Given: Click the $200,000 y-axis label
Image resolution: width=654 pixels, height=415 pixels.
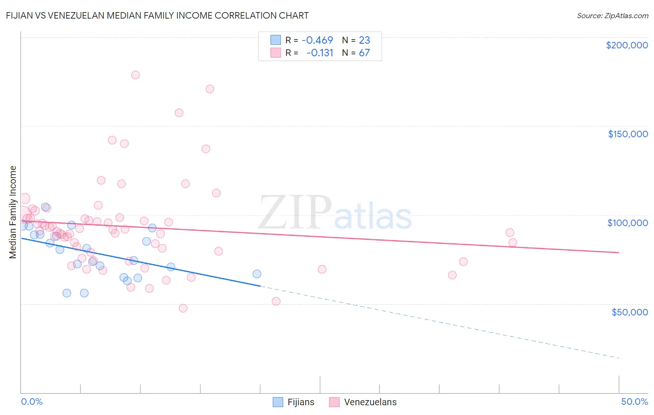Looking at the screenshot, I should pos(627,45).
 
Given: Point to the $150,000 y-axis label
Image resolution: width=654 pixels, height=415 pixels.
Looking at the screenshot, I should pos(627,134).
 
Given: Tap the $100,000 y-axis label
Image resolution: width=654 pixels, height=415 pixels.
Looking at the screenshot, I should pos(627,223).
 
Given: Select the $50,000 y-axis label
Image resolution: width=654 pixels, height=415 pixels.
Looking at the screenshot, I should pos(629,312).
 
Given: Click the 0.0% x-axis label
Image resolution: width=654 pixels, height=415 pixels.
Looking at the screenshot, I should pos(32,402).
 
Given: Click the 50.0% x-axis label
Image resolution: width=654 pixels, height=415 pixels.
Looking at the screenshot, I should pos(634,402).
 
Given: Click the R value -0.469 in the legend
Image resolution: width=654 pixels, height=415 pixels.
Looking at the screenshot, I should pos(317,40).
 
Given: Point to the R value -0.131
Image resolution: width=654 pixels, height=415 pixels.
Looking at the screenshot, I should pos(320,53).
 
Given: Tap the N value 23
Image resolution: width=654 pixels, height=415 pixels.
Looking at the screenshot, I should pos(364,40).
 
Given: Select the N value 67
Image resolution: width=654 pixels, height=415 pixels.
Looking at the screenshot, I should pos(364,53).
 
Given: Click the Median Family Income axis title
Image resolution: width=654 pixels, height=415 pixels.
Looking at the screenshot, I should pos(13,212).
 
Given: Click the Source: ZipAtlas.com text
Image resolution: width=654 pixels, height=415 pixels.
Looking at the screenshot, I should pos(612,16).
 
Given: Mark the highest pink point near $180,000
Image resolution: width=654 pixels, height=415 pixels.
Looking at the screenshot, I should pos(135,75).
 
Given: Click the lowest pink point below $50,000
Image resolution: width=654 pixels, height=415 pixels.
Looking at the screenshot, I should pos(183,308).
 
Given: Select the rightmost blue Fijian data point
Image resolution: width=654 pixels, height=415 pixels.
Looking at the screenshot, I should pos(257,274).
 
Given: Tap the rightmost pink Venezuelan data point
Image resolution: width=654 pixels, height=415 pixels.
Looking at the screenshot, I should pos(513,242).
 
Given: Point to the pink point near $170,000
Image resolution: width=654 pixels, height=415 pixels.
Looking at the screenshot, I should pos(210,89).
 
